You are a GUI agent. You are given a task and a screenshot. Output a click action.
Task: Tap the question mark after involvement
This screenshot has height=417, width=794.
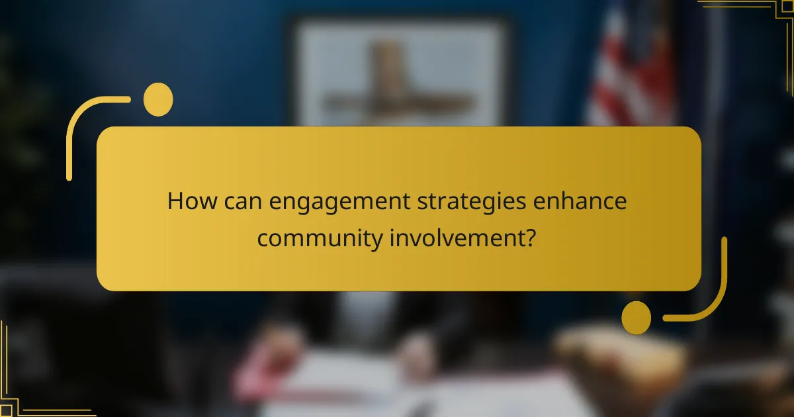coord(529,238)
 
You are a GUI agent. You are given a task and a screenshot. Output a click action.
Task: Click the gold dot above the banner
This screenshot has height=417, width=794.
coord(158,99)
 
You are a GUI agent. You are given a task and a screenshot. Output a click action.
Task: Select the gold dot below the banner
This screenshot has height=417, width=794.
coord(636,317)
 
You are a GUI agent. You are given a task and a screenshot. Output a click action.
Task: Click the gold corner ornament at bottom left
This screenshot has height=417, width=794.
coord(26,397)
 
